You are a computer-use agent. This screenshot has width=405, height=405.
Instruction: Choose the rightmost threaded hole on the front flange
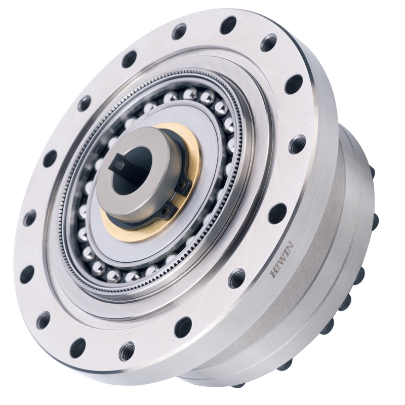coord(297,144)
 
